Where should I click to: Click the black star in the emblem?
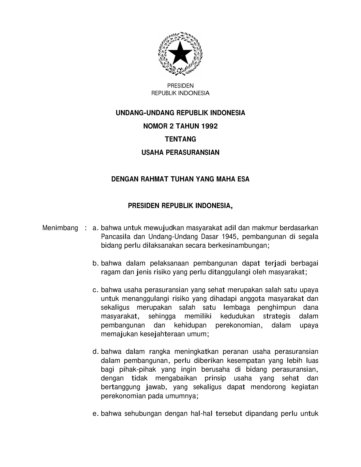[x=180, y=53]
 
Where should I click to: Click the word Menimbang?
[x=60, y=228]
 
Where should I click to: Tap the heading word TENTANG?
[x=180, y=139]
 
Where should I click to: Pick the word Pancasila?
[x=113, y=237]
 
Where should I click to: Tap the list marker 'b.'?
[x=95, y=263]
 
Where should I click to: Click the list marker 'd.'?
[x=95, y=352]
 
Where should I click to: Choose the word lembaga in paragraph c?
[x=237, y=307]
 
